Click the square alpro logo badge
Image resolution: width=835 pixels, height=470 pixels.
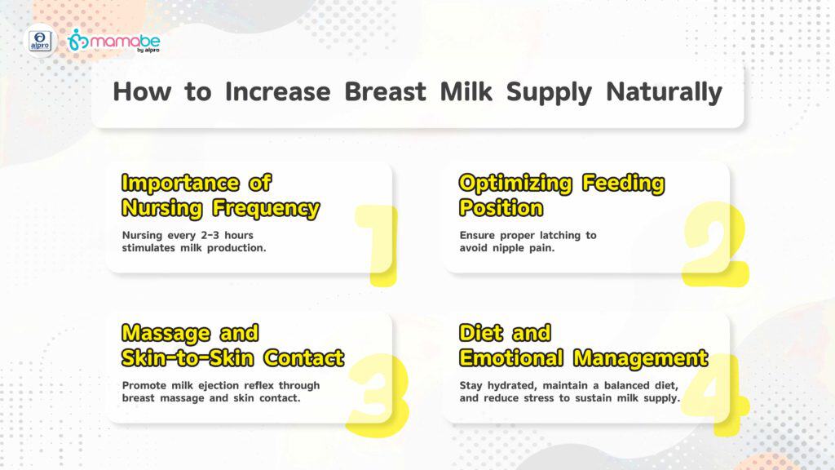click(41, 41)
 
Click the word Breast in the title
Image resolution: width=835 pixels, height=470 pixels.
click(385, 91)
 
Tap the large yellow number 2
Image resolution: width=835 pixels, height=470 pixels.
click(716, 244)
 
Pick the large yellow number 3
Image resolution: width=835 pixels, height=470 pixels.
click(378, 395)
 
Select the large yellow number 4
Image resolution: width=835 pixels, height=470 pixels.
click(715, 394)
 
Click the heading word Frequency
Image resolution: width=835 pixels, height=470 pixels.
click(266, 208)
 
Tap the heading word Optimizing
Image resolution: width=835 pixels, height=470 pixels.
click(515, 184)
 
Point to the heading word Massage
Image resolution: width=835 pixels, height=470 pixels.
click(166, 334)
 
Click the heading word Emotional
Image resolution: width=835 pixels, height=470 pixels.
click(511, 357)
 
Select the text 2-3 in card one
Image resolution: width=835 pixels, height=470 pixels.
click(210, 235)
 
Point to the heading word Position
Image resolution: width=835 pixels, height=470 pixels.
click(501, 208)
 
